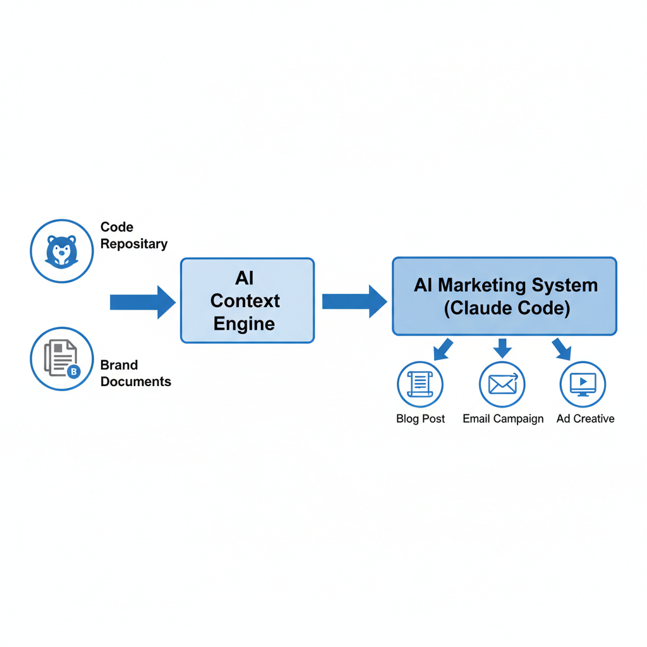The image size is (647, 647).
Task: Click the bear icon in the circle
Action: coord(61,250)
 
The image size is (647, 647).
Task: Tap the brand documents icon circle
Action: coord(61,359)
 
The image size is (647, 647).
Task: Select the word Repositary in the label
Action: coord(134,244)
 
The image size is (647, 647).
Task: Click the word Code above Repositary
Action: coord(117,227)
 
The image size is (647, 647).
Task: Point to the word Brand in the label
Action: coord(119,365)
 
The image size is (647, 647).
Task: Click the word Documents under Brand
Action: coord(135,382)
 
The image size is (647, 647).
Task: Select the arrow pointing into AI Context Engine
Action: coord(143,302)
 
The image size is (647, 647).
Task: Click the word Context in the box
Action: coord(245,301)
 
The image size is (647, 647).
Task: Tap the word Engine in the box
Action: coord(244,324)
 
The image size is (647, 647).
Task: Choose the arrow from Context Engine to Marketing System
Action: coord(354,301)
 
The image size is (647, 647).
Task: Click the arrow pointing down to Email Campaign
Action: coord(502,348)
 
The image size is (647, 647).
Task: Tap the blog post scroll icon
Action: coord(420,384)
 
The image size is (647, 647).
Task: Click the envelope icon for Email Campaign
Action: coord(502,384)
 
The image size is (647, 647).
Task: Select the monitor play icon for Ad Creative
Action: coord(583,384)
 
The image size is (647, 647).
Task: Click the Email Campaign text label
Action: coord(503,419)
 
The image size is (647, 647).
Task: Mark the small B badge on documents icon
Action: coord(73,372)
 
